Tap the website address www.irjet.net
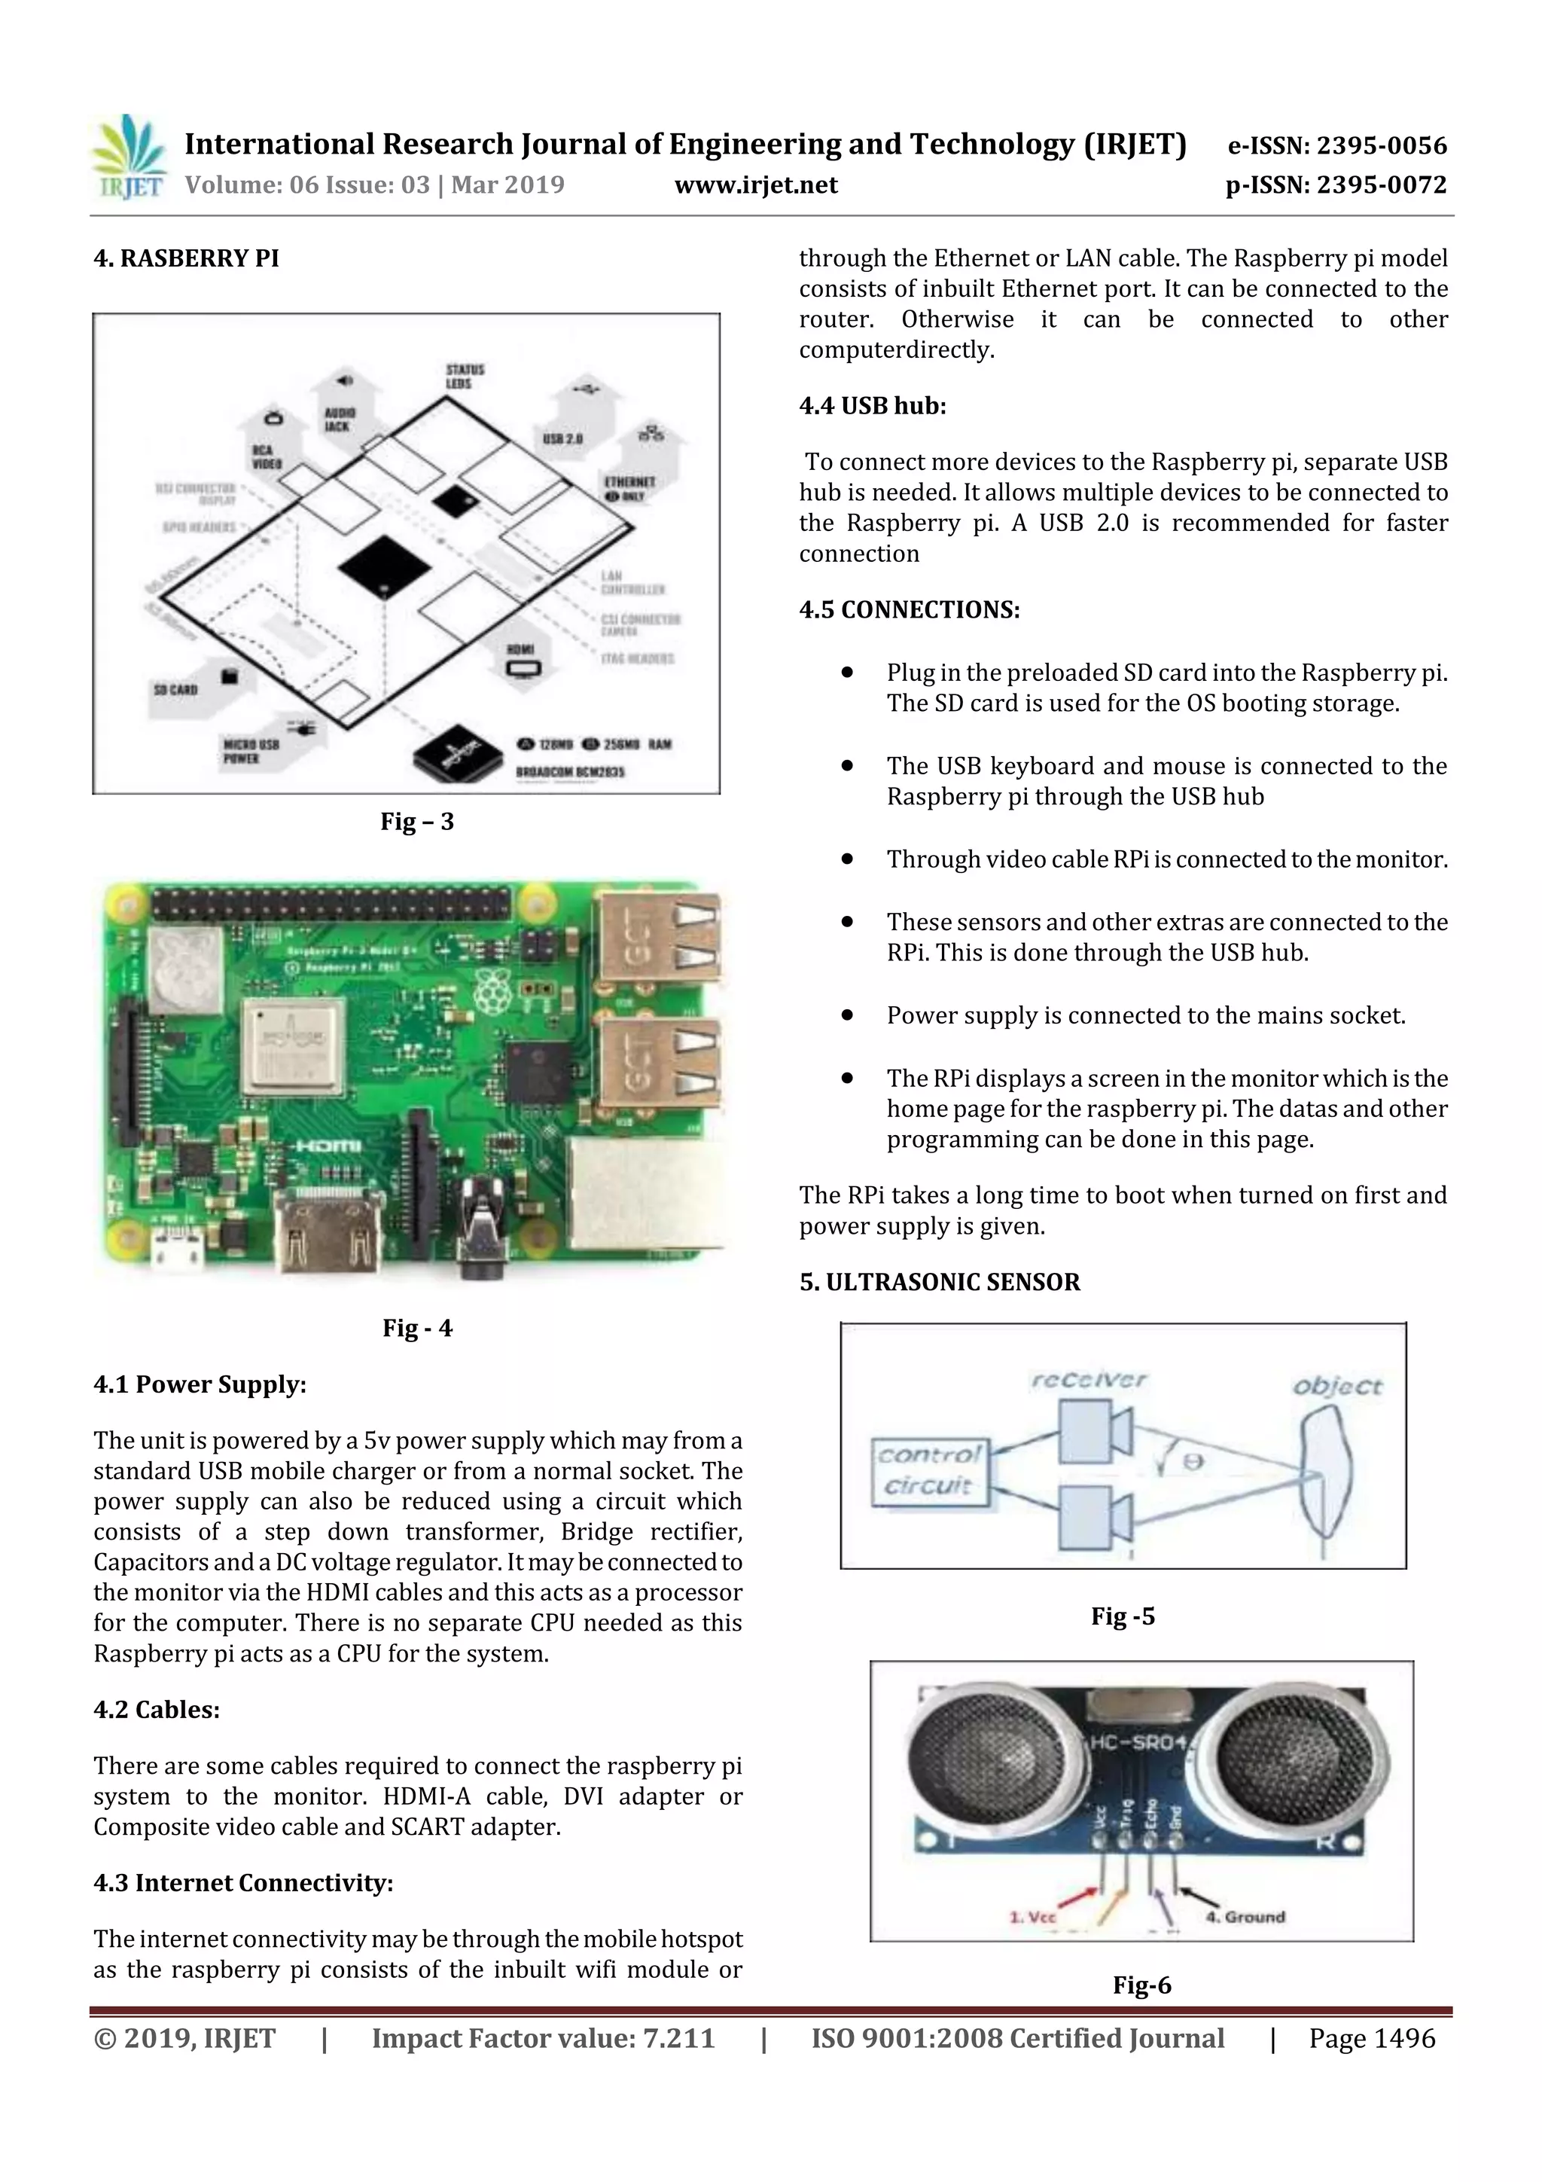[755, 185]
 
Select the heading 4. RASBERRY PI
[186, 258]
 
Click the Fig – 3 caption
[417, 821]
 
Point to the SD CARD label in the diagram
[175, 689]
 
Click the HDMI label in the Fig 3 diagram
[522, 649]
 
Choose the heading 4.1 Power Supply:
[200, 1384]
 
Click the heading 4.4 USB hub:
[872, 406]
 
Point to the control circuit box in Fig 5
[929, 1470]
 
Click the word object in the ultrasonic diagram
[1336, 1387]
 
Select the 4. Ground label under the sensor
[1245, 1917]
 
